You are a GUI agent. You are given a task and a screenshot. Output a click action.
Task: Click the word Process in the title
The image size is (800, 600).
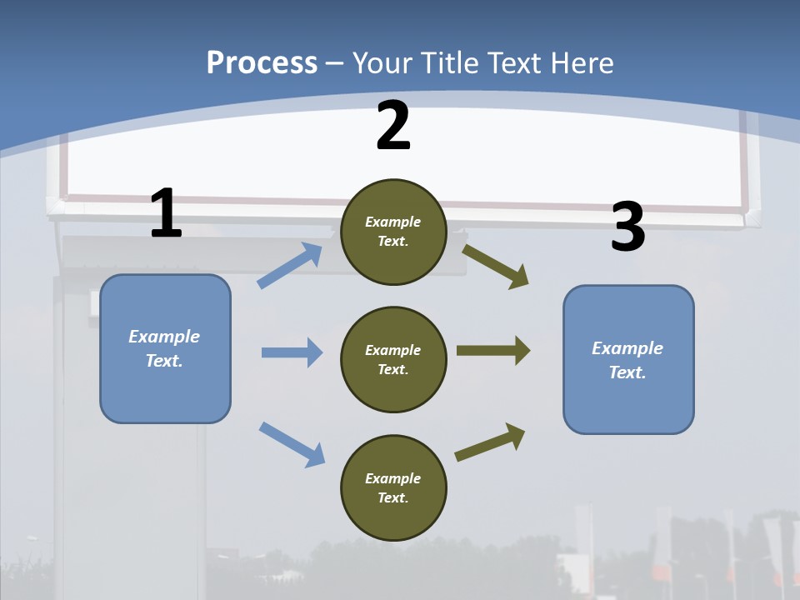pos(262,62)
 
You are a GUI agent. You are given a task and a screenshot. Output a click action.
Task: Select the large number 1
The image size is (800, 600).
pos(166,214)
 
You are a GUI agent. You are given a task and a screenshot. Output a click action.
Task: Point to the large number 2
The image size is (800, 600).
pos(393,126)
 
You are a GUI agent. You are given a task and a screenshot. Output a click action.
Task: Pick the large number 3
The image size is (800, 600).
pos(628,227)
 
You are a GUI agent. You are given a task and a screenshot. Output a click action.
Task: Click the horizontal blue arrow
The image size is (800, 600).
pos(292,352)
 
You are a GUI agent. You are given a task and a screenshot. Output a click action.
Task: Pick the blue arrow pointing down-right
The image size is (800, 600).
pos(292,443)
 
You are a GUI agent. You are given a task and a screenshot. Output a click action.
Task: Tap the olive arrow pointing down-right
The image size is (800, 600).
pos(496,267)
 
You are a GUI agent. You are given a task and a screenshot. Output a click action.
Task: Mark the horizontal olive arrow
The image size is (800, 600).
pos(493,351)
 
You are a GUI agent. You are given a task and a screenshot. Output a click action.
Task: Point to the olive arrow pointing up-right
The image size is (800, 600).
pos(490,442)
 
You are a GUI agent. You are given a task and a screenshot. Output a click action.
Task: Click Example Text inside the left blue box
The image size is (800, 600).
pos(164,348)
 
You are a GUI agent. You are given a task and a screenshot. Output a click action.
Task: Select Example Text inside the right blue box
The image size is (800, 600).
pos(627,360)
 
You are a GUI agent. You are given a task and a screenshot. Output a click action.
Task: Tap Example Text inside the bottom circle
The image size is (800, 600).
pos(393,487)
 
